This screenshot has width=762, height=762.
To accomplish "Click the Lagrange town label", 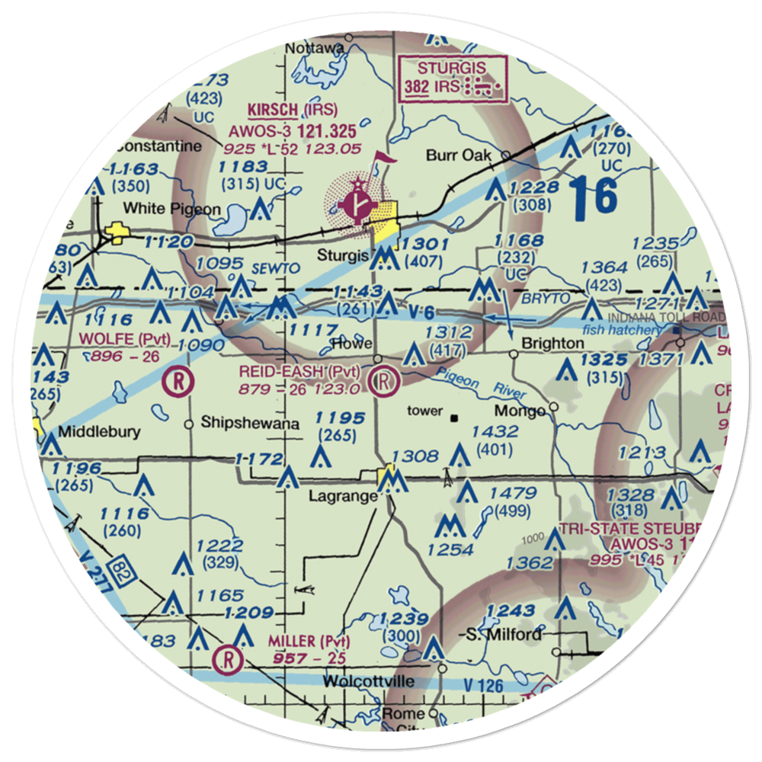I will [x=343, y=496].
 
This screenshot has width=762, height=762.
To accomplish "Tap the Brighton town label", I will [x=552, y=344].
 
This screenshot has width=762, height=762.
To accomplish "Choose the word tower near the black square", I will [x=424, y=411].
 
